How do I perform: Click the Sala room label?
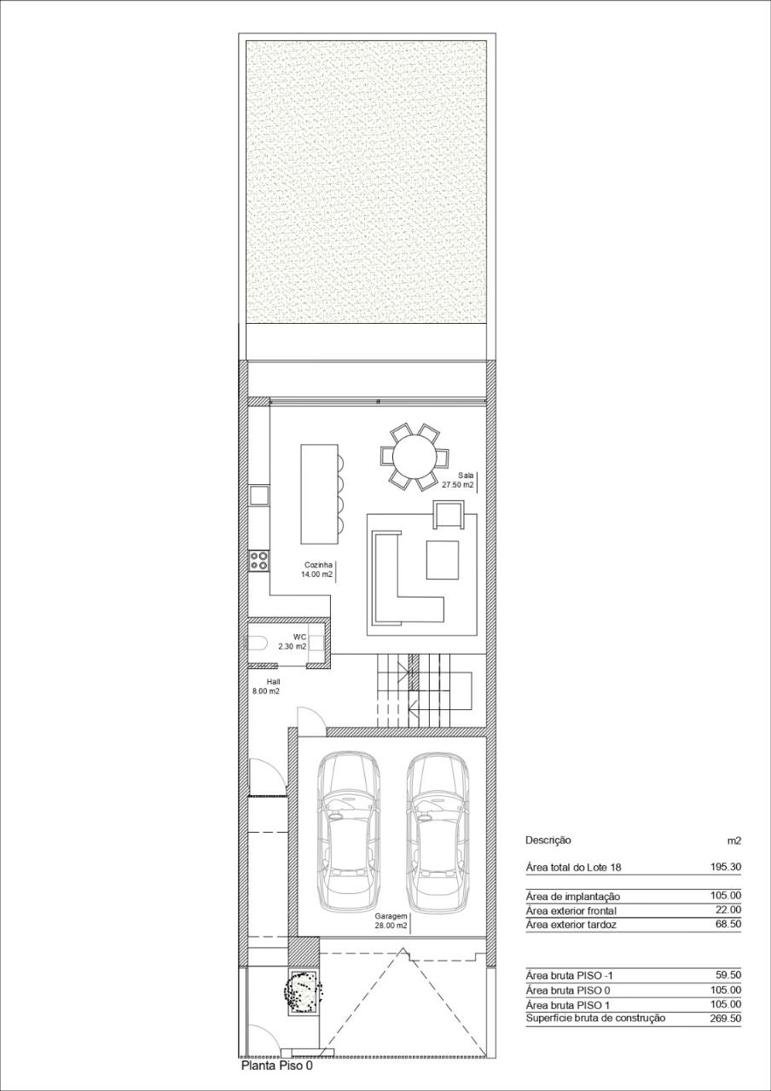[x=465, y=474]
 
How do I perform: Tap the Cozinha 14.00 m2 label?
[x=316, y=569]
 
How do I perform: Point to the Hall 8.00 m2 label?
[x=266, y=686]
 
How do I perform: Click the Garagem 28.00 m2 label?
[x=391, y=921]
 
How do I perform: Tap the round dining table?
[x=414, y=456]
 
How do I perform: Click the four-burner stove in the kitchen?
[x=258, y=561]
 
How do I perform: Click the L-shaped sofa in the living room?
[x=401, y=588]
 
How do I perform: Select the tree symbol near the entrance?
[x=304, y=991]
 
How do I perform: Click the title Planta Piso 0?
[x=277, y=1065]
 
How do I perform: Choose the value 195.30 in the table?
[x=724, y=867]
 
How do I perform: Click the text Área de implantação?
[x=573, y=896]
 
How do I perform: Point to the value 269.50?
[x=724, y=1019]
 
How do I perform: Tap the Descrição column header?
[x=548, y=840]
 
